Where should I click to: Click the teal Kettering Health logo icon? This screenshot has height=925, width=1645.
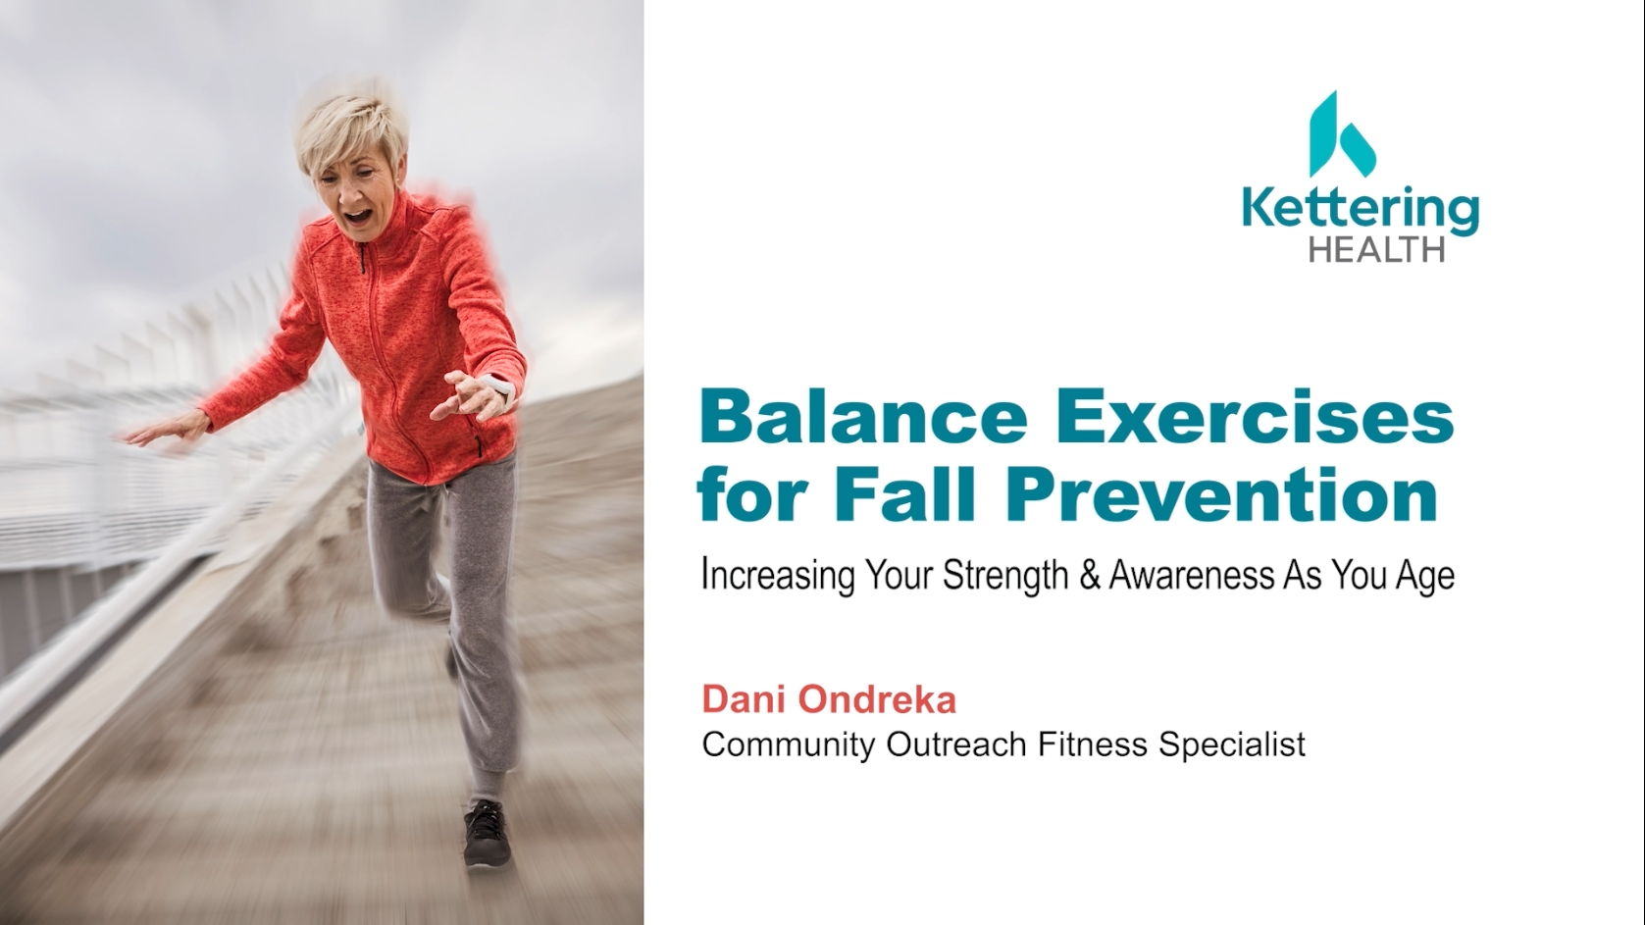tap(1341, 135)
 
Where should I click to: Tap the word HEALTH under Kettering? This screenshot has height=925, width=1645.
tap(1377, 250)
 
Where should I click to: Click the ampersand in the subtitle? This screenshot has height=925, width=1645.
tap(1089, 576)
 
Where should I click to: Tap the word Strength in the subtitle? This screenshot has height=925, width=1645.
tap(1004, 577)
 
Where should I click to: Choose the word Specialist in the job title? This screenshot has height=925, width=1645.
tap(1232, 745)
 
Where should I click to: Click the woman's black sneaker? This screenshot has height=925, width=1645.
tap(487, 835)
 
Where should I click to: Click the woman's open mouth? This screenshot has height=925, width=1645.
tap(358, 218)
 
